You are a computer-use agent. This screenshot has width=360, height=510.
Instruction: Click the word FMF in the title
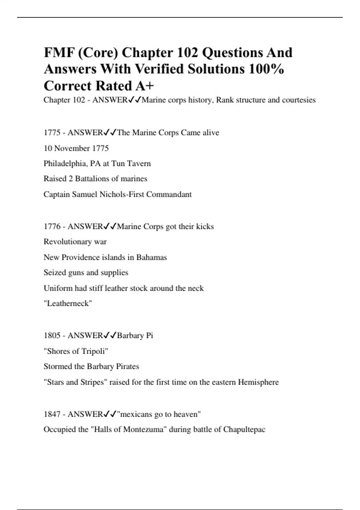[59, 53]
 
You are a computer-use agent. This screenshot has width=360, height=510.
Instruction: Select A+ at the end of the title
[145, 86]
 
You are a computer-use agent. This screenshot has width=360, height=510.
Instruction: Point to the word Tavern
[139, 163]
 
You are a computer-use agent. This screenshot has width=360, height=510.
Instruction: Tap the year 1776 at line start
[52, 226]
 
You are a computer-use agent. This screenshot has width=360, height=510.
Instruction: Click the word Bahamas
[151, 257]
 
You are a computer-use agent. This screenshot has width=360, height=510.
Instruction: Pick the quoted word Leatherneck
[68, 303]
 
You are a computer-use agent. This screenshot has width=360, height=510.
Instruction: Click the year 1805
[52, 335]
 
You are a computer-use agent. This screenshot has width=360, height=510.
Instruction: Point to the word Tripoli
[93, 351]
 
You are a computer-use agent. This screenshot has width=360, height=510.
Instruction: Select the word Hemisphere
[258, 382]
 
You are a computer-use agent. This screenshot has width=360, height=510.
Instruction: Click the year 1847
[52, 414]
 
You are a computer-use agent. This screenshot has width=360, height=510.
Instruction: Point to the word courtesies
[299, 100]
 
